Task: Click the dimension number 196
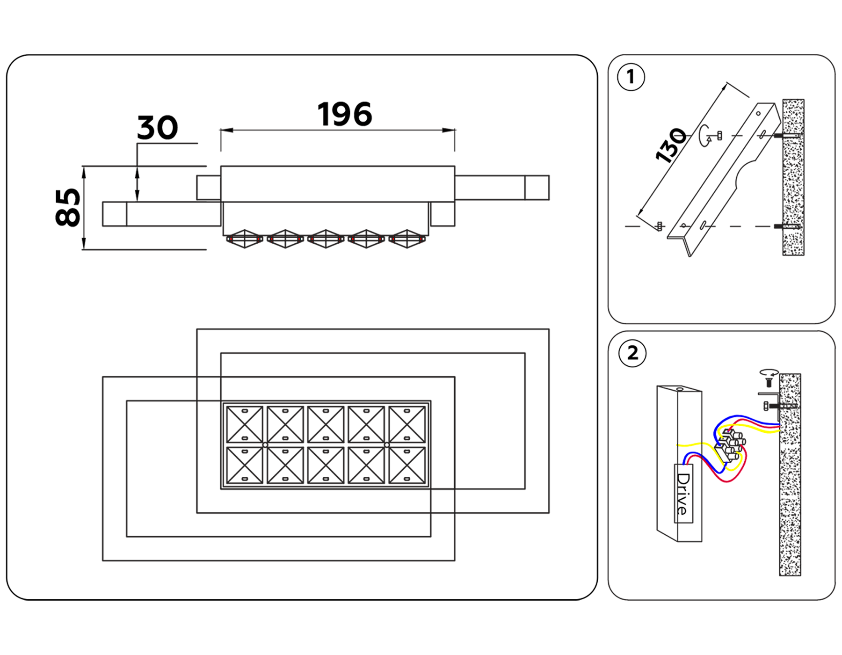[345, 115]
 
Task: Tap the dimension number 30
[158, 128]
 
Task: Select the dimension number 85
[68, 208]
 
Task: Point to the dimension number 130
[671, 145]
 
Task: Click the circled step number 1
[631, 77]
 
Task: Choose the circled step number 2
[632, 353]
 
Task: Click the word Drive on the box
[683, 494]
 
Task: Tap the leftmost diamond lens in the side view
[244, 239]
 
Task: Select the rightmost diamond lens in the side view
[406, 239]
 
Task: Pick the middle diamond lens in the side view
[326, 239]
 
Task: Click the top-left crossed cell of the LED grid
[244, 424]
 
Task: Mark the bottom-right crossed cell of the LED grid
[406, 465]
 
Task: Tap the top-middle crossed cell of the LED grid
[326, 424]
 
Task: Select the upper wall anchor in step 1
[787, 136]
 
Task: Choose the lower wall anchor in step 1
[787, 226]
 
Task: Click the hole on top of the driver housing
[679, 389]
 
